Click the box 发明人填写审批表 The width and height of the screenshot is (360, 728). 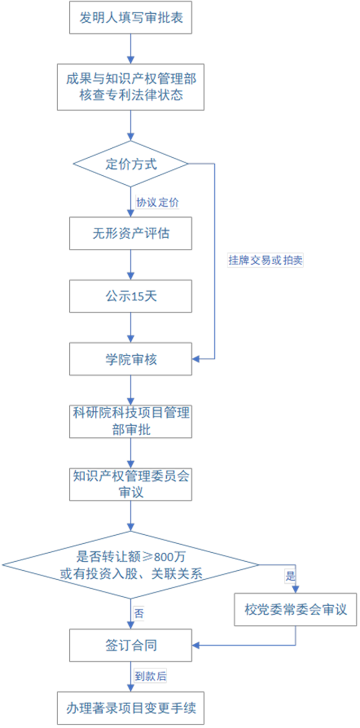131,17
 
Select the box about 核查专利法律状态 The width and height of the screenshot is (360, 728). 131,87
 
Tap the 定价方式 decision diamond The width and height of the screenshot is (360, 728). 131,164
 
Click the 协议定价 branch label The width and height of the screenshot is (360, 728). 157,202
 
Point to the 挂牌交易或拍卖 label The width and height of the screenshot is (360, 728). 265,260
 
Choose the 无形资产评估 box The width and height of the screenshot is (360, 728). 131,233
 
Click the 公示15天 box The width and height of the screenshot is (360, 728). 131,296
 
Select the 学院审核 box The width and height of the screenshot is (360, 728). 131,359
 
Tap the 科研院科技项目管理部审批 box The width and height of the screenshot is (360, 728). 131,421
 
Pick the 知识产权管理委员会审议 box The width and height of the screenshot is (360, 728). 131,484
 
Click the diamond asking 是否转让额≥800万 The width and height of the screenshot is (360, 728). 131,565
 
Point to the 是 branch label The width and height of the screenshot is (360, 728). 290,576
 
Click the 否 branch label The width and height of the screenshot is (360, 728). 139,613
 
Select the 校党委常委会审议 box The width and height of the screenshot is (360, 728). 295,610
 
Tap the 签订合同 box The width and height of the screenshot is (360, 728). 131,645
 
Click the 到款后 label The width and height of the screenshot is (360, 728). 150,676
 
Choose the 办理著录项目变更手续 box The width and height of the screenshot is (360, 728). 131,708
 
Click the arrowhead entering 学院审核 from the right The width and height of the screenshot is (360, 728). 195,359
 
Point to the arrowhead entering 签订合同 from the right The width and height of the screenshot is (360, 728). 195,645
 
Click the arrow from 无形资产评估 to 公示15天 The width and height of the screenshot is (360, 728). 131,265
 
